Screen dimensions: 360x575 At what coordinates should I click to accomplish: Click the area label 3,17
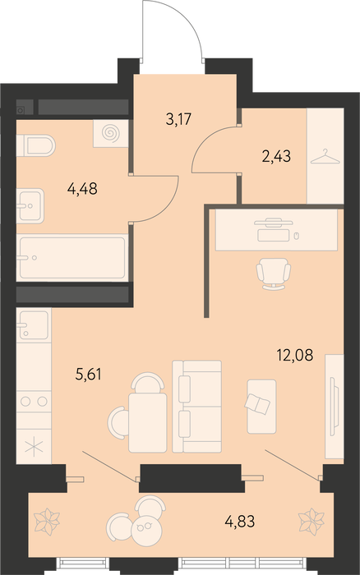(178, 120)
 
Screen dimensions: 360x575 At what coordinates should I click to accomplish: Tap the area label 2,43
(276, 157)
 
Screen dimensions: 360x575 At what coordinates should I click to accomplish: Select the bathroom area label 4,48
(82, 189)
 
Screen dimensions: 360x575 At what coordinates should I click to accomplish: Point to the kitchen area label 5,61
(88, 375)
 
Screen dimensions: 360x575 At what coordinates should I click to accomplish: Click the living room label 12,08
(295, 355)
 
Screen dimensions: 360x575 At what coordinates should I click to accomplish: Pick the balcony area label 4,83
(240, 521)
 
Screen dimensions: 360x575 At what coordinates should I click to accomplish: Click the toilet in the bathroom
(36, 145)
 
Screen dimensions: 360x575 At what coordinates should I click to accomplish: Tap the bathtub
(72, 258)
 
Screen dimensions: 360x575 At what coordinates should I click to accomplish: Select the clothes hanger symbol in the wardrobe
(325, 157)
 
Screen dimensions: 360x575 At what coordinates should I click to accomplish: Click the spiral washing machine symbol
(110, 133)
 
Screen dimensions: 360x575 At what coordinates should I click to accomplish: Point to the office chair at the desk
(274, 274)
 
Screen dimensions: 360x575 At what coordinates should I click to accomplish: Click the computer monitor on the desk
(274, 222)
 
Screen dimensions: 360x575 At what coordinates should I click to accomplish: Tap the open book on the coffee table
(257, 404)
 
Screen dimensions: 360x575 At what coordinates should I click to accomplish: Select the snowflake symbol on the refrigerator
(34, 447)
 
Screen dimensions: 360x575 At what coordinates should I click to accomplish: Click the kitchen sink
(34, 325)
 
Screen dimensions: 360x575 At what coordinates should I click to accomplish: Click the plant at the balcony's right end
(312, 519)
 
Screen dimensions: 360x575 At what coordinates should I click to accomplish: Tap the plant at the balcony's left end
(47, 519)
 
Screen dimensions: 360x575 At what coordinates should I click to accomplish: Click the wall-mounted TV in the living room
(333, 406)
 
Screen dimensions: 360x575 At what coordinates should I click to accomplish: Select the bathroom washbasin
(31, 205)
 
